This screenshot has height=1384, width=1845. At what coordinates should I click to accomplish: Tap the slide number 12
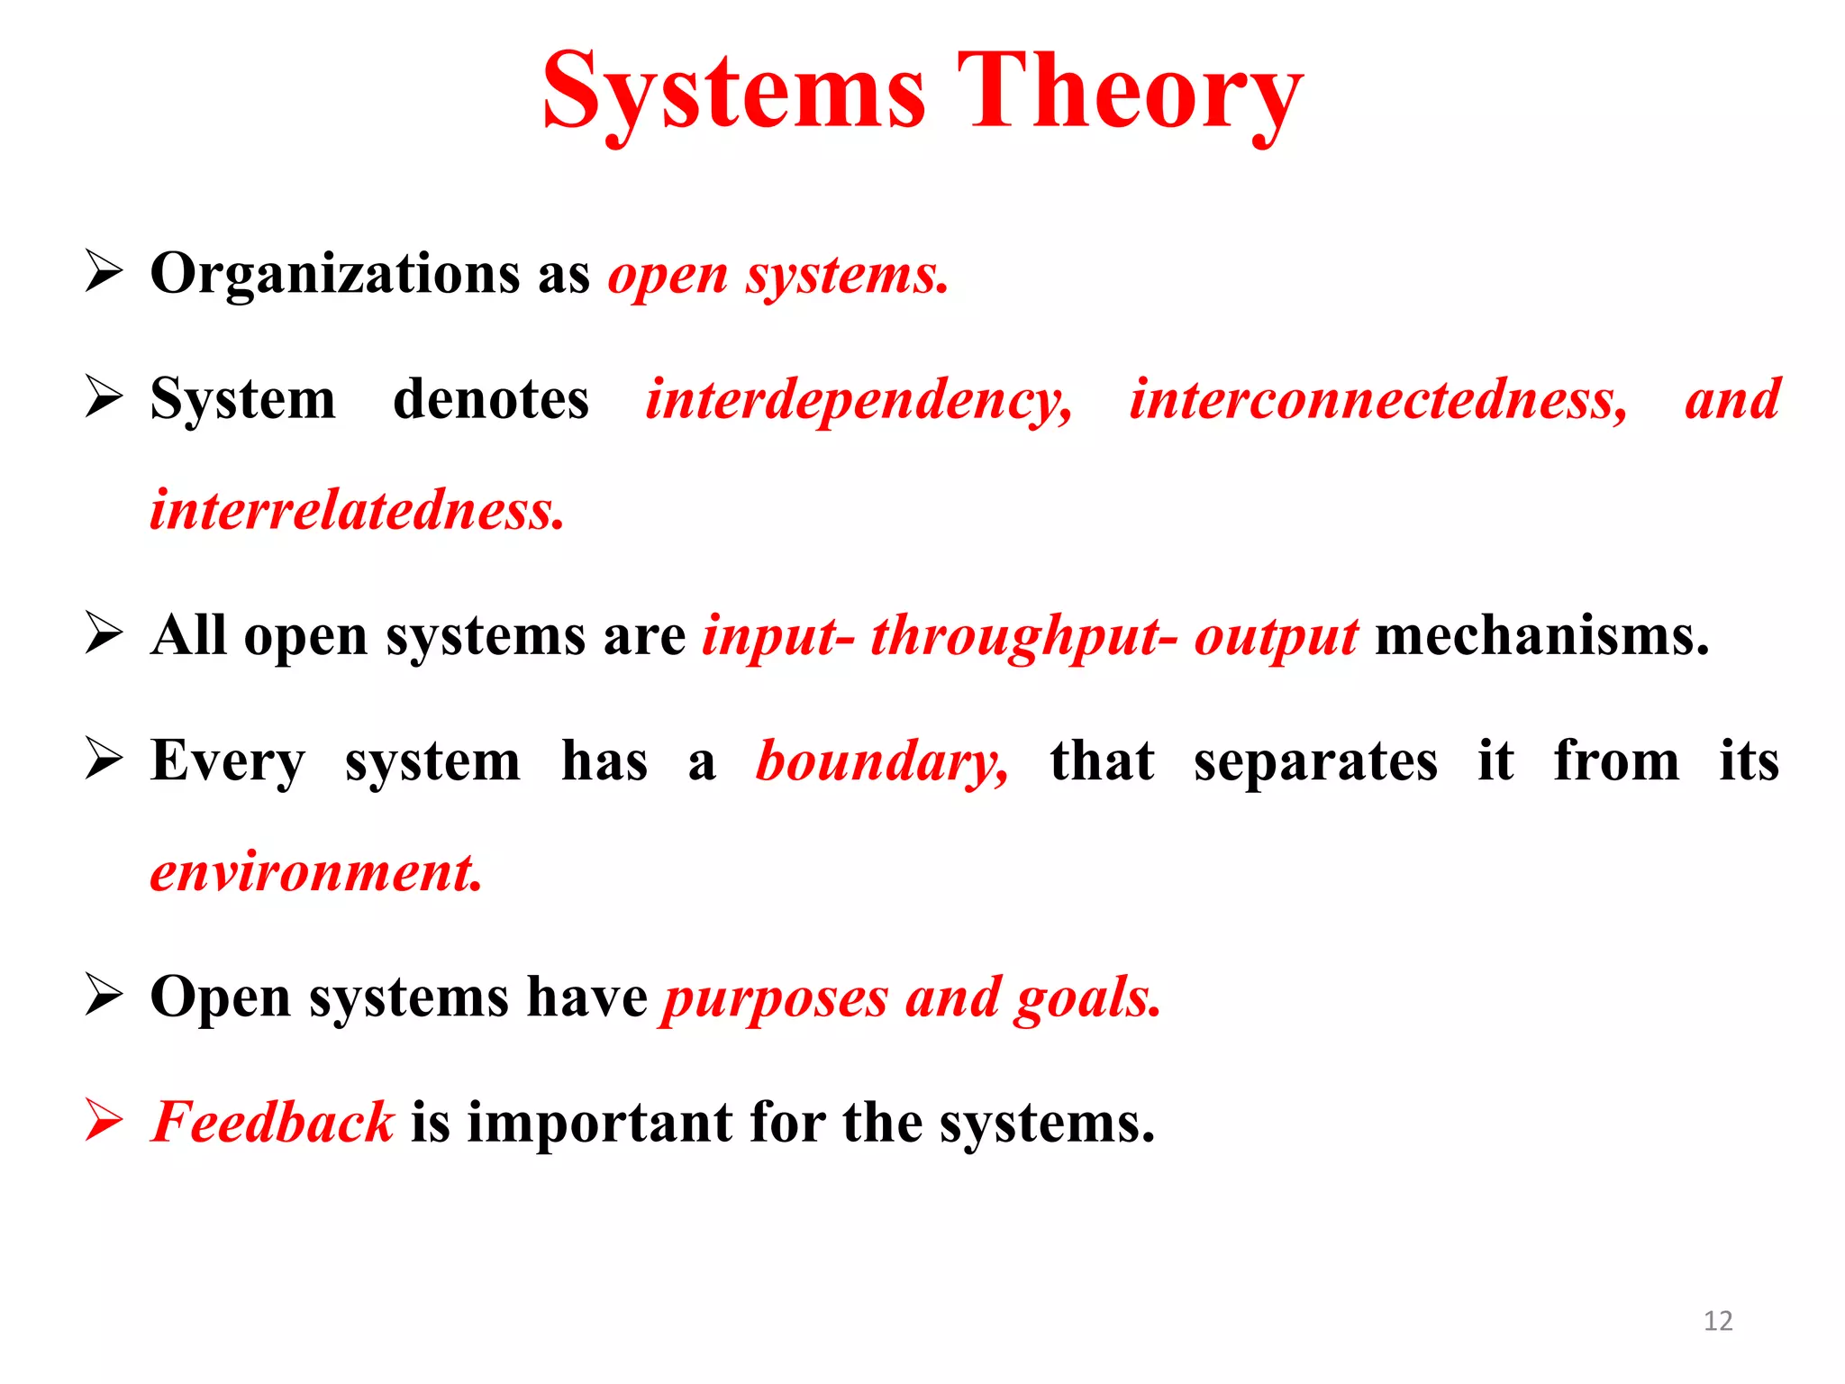point(1718,1321)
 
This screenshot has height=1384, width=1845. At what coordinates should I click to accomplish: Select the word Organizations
point(334,273)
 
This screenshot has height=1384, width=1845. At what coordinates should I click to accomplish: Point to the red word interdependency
point(859,400)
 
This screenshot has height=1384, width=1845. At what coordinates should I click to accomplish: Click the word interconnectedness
point(1378,400)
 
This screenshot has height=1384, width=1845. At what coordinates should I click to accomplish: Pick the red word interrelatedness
point(357,510)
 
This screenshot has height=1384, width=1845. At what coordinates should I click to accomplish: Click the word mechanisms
point(1541,636)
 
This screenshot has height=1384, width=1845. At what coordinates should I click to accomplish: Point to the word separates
point(1315,761)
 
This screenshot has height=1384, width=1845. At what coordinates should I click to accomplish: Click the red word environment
point(316,872)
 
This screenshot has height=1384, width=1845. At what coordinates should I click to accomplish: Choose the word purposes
point(776,998)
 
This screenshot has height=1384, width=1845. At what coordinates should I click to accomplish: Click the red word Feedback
point(273,1123)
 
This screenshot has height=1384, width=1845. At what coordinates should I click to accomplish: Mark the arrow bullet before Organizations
point(105,271)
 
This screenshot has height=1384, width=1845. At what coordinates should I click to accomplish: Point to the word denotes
point(491,399)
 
